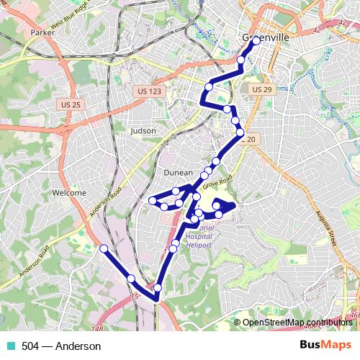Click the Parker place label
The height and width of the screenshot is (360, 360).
click(x=43, y=53)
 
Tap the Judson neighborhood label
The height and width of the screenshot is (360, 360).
click(x=144, y=131)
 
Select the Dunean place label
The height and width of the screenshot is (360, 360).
click(x=178, y=173)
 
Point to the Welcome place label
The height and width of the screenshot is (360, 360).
click(x=69, y=193)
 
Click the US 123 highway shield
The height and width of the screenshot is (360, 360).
click(x=148, y=91)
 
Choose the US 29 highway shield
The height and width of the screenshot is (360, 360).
click(x=261, y=89)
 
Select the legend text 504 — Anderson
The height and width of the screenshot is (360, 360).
click(x=61, y=346)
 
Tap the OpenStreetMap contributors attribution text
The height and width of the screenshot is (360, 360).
click(x=297, y=323)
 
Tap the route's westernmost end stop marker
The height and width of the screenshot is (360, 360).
click(x=103, y=248)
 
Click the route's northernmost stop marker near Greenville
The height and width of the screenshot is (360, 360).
click(x=256, y=41)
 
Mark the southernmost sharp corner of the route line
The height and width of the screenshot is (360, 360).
click(x=156, y=299)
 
